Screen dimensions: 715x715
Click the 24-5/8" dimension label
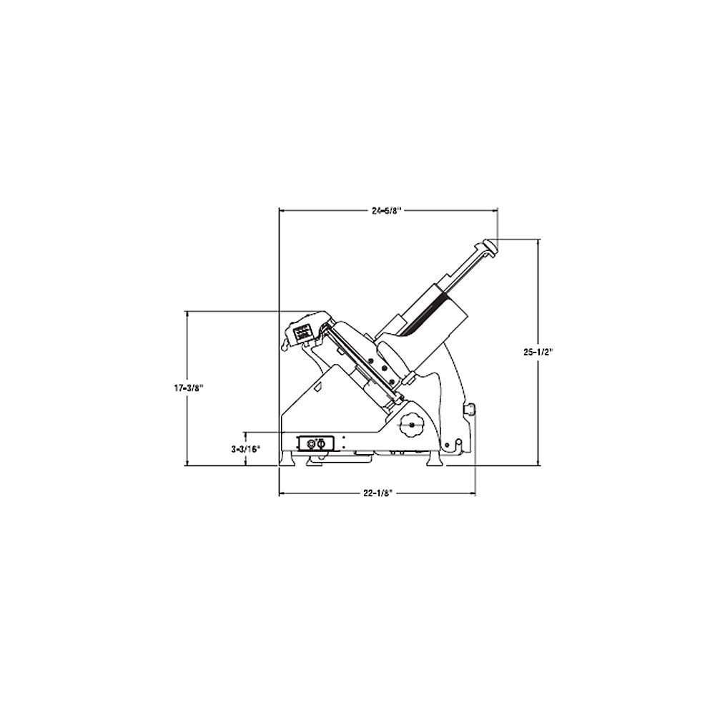coord(386,211)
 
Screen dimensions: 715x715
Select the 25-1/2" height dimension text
coord(538,352)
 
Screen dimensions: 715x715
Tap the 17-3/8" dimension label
coord(187,388)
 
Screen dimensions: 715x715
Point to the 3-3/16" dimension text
coord(245,449)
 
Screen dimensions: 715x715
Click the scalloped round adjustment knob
coord(411,425)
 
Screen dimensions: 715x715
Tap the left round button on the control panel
coord(312,443)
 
